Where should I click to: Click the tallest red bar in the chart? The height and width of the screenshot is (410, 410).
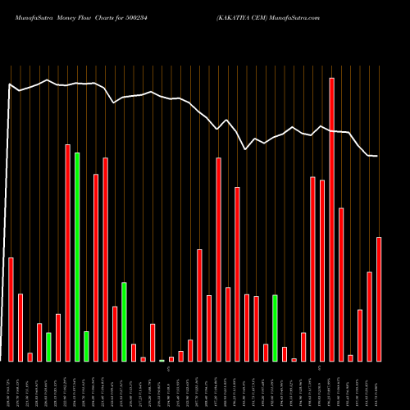(x=331, y=220)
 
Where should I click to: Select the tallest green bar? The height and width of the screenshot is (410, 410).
(x=77, y=257)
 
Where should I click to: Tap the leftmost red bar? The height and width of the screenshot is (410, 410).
(x=11, y=309)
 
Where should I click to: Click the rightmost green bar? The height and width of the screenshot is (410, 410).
(x=276, y=328)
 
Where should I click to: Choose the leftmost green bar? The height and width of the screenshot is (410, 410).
(x=48, y=347)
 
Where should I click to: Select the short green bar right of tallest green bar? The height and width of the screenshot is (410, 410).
(x=86, y=346)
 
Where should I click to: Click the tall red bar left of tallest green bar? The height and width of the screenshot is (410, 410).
(x=67, y=253)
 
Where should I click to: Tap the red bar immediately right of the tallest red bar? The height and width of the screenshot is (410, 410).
(x=341, y=285)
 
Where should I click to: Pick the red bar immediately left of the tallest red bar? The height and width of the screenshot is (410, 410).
(x=322, y=271)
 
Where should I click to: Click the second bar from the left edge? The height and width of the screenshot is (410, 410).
(x=20, y=327)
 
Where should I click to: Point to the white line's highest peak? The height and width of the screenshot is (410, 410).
(x=48, y=80)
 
